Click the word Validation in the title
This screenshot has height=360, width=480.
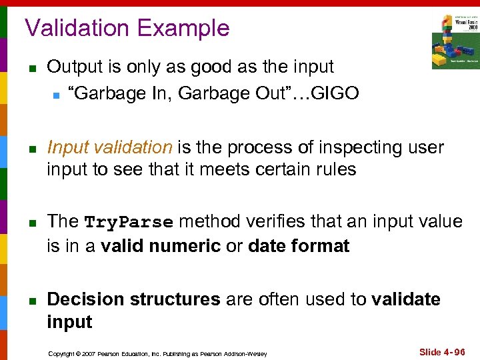tap(77, 28)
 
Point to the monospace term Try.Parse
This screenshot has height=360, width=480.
tap(129, 222)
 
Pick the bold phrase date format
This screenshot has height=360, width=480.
tap(298, 246)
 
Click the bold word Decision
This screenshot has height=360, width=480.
tap(85, 299)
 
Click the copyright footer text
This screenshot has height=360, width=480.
tap(158, 353)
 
